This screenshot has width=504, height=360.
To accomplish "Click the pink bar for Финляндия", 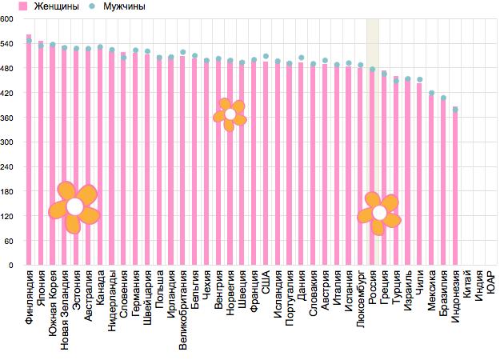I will (29, 152).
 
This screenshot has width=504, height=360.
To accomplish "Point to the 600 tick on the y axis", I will (8, 20).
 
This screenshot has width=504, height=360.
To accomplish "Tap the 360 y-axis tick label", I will (8, 118).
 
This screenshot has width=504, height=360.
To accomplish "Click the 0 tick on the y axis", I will (11, 265).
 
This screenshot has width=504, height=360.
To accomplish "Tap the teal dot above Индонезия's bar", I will (455, 110).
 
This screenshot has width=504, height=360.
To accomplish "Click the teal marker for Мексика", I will (431, 94).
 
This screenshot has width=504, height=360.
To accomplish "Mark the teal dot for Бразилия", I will (443, 98).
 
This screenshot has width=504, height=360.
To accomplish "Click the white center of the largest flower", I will (74, 207).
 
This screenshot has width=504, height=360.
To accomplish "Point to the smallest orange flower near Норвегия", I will (230, 115).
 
